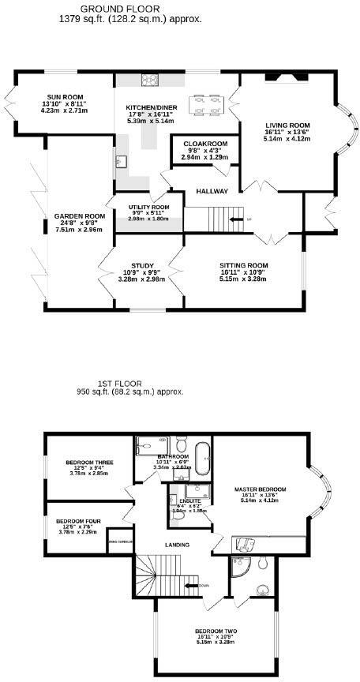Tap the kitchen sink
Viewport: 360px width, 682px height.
(120, 163)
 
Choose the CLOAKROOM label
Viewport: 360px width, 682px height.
(204, 144)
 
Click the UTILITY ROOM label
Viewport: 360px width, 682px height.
(149, 207)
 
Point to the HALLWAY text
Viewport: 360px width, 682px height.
(212, 191)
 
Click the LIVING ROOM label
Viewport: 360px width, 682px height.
(287, 125)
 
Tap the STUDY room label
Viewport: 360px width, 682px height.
(132, 265)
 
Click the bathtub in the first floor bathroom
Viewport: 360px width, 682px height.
(205, 460)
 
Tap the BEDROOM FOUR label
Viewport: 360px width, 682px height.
(77, 521)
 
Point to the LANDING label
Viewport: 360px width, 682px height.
(175, 545)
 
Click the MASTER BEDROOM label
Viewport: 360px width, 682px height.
(260, 489)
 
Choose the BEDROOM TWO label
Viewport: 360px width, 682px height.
(216, 631)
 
